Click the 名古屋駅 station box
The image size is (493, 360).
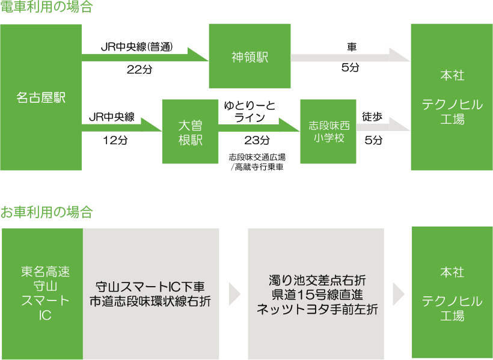click(41, 97)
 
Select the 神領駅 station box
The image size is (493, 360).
click(250, 56)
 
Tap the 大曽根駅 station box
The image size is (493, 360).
click(190, 132)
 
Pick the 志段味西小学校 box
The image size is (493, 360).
click(328, 132)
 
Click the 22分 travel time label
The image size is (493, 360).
click(139, 69)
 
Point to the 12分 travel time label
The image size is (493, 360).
click(115, 140)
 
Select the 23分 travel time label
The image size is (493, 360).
click(257, 140)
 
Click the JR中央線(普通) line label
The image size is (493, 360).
click(136, 47)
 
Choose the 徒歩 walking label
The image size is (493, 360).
click(372, 117)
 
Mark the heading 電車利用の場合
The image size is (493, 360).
click(47, 8)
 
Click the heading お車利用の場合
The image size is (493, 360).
click(47, 212)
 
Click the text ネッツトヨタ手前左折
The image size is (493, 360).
click(316, 310)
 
